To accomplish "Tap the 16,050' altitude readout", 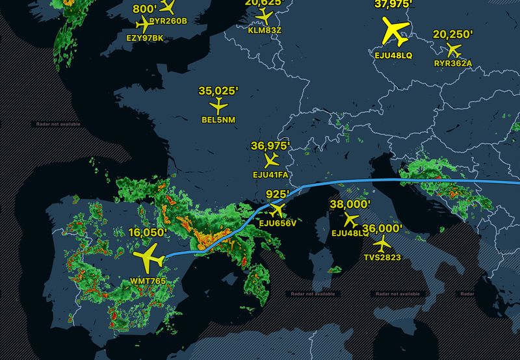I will point(148,232).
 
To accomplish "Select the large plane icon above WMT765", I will point(149,257).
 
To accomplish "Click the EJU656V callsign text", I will point(278,224).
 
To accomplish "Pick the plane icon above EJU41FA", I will point(271,160).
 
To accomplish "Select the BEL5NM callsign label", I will point(218,119).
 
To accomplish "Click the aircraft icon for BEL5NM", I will point(218,105).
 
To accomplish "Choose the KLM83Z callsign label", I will point(265,29).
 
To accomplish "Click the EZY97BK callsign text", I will point(145,39).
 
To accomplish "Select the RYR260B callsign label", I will point(168,21).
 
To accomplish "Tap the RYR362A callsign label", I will point(453,63).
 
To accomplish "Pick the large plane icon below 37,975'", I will point(394,30).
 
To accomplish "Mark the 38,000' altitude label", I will point(350,204).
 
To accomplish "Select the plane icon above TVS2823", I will point(382,244).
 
